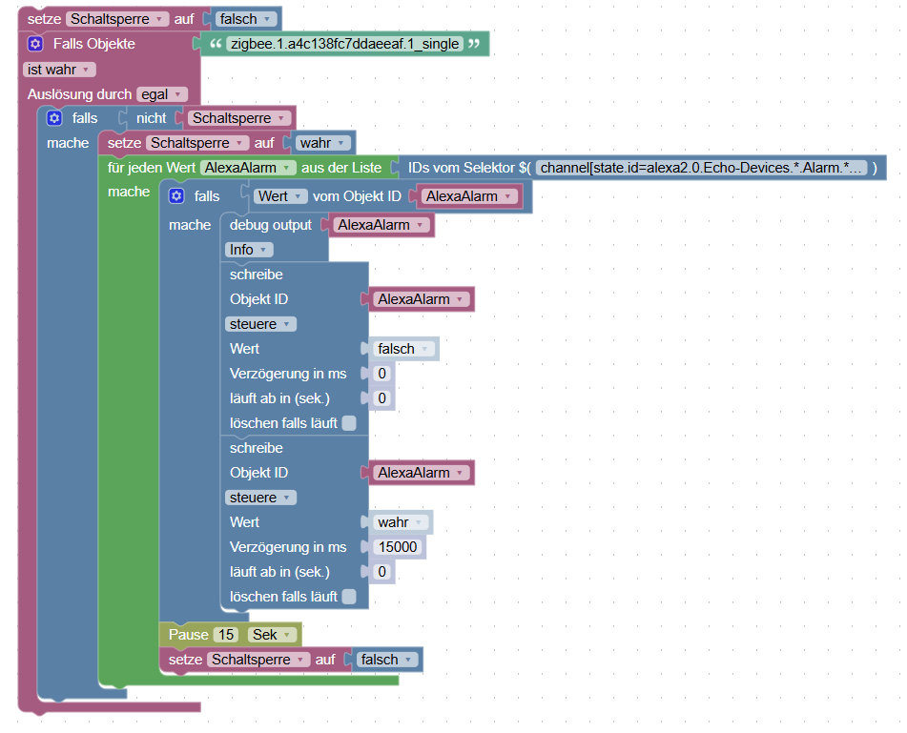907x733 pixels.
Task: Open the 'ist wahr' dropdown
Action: point(59,70)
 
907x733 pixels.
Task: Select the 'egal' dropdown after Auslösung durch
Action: point(161,94)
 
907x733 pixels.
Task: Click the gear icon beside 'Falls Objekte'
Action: point(36,44)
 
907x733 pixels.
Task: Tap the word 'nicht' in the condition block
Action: point(151,118)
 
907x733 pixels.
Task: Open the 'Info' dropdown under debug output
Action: point(250,250)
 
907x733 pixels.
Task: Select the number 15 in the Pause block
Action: point(226,635)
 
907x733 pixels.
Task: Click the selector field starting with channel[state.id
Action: point(702,168)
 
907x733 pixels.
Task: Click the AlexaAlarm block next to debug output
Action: point(380,225)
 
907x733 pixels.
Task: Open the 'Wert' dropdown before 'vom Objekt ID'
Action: point(280,196)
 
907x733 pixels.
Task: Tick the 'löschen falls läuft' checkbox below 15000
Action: point(349,597)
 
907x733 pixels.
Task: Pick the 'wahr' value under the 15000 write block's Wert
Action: point(398,522)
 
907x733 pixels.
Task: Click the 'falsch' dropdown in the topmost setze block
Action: point(246,19)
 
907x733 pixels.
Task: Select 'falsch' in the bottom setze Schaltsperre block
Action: point(386,660)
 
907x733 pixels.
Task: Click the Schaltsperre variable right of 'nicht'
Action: point(239,118)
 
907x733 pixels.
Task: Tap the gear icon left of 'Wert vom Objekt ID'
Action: point(175,196)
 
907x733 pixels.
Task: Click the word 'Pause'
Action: point(189,635)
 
